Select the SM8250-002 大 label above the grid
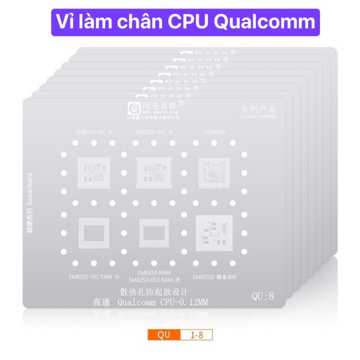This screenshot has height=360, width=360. [x=153, y=131]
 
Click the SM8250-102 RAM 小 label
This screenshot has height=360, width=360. [x=93, y=276]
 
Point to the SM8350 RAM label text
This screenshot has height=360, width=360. [x=153, y=273]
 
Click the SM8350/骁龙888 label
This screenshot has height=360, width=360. [x=214, y=276]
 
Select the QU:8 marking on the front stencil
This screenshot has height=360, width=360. [x=263, y=296]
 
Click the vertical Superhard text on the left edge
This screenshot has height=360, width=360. [x=29, y=202]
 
